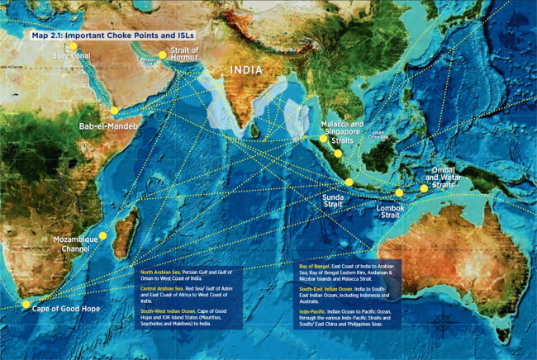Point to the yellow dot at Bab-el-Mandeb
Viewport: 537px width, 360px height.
click(x=114, y=110)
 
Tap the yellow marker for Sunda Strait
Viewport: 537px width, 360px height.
click(x=349, y=182)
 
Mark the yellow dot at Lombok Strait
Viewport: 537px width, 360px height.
click(x=399, y=193)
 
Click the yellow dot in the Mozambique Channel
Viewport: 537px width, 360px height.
click(x=102, y=235)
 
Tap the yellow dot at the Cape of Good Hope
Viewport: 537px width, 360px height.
click(x=26, y=304)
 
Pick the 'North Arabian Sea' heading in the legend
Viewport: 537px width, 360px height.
click(x=158, y=272)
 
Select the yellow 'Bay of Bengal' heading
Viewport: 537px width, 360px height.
click(x=318, y=268)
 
